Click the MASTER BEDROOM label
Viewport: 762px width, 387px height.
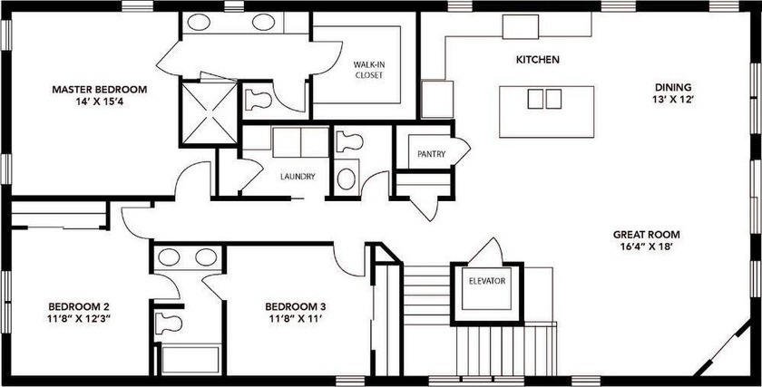coord(100,90)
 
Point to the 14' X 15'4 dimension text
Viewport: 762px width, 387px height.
coord(100,103)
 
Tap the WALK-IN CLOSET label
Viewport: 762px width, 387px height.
coord(367,70)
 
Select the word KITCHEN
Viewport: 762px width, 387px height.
coord(537,60)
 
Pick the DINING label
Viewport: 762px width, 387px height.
coord(673,88)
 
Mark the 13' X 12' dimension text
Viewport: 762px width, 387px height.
coord(673,102)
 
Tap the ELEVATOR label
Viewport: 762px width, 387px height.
coord(488,281)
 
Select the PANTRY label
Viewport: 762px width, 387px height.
coord(431,154)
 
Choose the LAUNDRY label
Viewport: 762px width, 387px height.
coord(298,177)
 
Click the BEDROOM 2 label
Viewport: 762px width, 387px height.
coord(80,306)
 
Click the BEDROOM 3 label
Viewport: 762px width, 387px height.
coord(296,306)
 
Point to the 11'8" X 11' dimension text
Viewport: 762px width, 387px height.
coord(296,320)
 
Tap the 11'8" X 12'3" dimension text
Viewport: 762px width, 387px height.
coord(80,320)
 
